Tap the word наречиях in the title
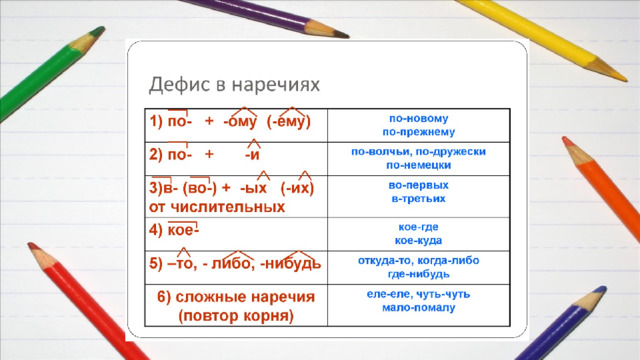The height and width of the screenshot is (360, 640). point(276,85)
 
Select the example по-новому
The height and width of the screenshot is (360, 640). point(419,119)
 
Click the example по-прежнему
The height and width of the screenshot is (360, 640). point(419,132)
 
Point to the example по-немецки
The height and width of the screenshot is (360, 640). point(419,165)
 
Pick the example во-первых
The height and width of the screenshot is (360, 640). point(419,185)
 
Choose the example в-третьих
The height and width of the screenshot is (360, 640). point(419,199)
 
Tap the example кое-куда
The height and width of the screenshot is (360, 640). point(419,240)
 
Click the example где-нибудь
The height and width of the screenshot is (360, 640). point(419,274)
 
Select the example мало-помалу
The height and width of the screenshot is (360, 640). point(419,307)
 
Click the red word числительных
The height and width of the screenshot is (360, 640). point(227,207)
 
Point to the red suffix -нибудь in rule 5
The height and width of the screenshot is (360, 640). point(291,264)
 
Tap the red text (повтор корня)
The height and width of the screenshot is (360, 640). point(236,316)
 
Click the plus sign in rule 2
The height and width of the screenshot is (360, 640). point(209,154)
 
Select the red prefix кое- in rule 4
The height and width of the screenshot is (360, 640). point(183,231)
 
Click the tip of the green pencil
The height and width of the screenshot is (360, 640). point(103,29)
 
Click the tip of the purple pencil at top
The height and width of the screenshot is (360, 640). point(347,36)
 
